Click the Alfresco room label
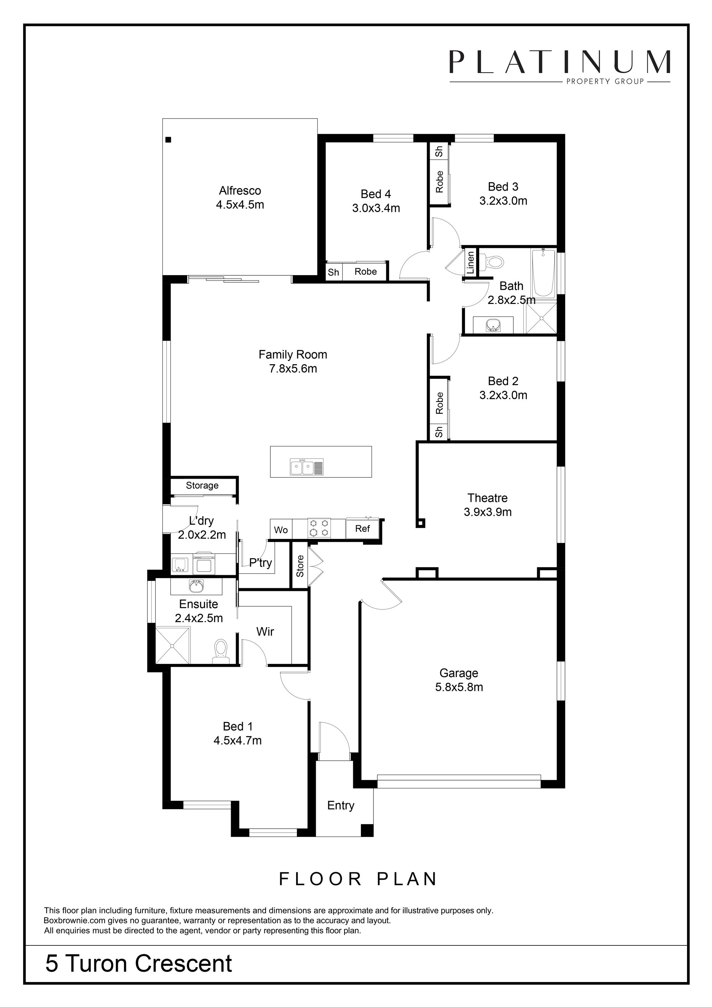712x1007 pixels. [240, 191]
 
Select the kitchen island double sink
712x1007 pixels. [307, 467]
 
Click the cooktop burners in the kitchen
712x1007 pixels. [319, 528]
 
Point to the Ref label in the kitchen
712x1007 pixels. [362, 529]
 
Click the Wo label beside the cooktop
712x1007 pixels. [281, 530]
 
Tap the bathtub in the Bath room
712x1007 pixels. [543, 273]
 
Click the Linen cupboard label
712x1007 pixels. [470, 262]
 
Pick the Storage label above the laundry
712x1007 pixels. [202, 485]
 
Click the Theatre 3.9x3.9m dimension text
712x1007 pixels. [487, 512]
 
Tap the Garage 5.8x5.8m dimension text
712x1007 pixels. [459, 687]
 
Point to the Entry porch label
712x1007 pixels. [340, 805]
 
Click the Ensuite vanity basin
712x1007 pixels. [196, 586]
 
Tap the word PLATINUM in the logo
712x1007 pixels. [560, 62]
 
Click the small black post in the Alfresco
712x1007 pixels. [168, 140]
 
